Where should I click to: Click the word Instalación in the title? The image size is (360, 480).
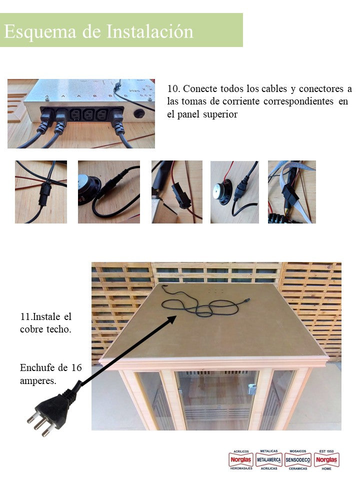150,31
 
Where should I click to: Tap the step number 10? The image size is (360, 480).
173,89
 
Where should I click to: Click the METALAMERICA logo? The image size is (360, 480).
269,459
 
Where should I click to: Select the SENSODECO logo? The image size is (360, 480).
298,459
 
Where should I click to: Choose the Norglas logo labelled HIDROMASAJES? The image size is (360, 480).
241,459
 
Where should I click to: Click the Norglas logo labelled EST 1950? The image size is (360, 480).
326,459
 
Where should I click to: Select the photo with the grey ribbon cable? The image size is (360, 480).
291,191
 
